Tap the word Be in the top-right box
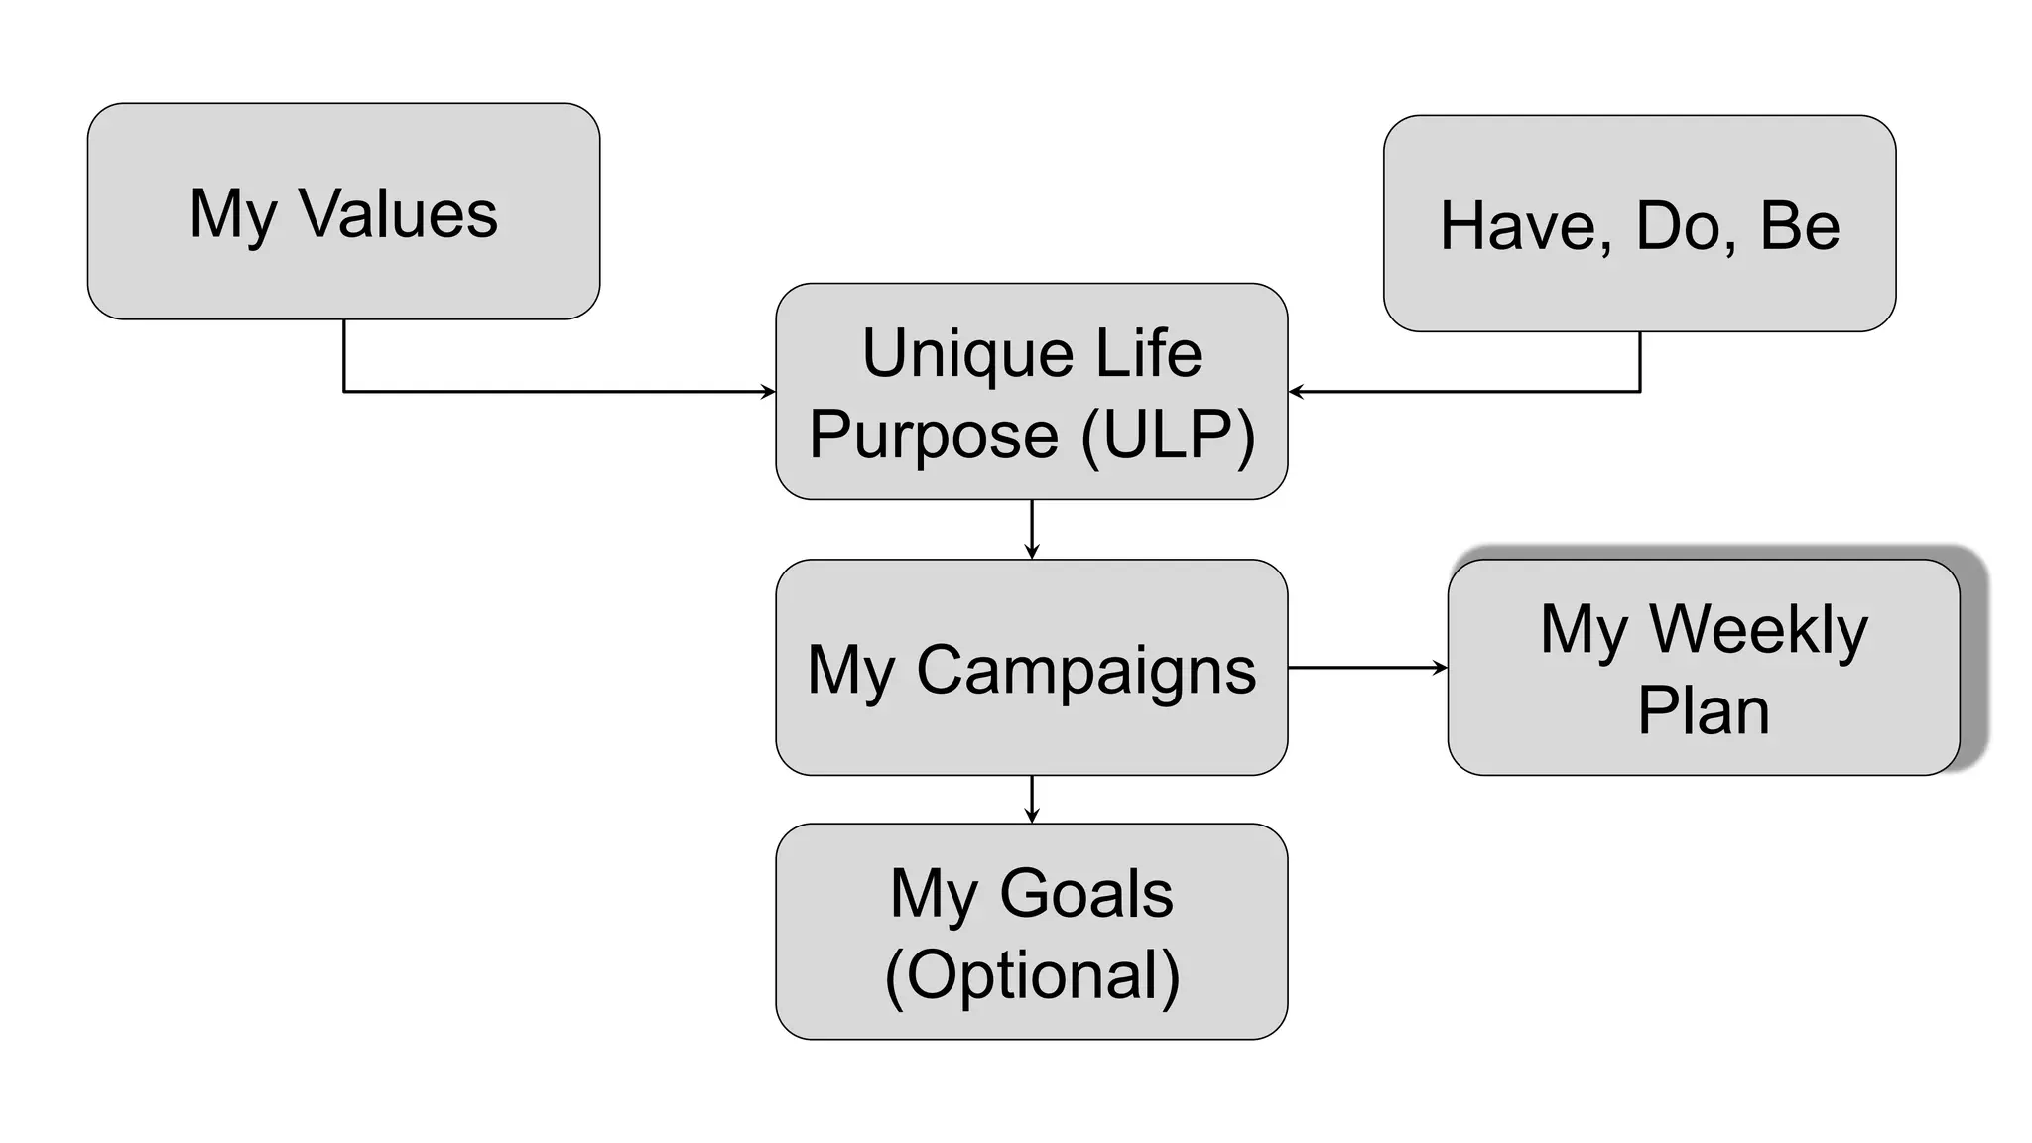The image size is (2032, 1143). [x=1800, y=225]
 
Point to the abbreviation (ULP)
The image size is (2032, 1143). [x=1168, y=435]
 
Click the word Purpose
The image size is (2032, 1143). [x=934, y=437]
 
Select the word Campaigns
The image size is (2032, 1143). [x=1085, y=670]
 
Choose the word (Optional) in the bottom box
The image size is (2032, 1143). [x=1032, y=976]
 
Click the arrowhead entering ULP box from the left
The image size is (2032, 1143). [x=768, y=392]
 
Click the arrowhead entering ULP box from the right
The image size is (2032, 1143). [x=1296, y=392]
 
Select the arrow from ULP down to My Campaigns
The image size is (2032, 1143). [x=1032, y=530]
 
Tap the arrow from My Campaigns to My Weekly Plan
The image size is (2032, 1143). [x=1367, y=668]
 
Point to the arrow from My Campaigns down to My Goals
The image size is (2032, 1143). [x=1032, y=800]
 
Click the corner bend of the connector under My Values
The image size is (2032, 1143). [x=344, y=392]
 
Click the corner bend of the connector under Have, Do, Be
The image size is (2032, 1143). [x=1639, y=392]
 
